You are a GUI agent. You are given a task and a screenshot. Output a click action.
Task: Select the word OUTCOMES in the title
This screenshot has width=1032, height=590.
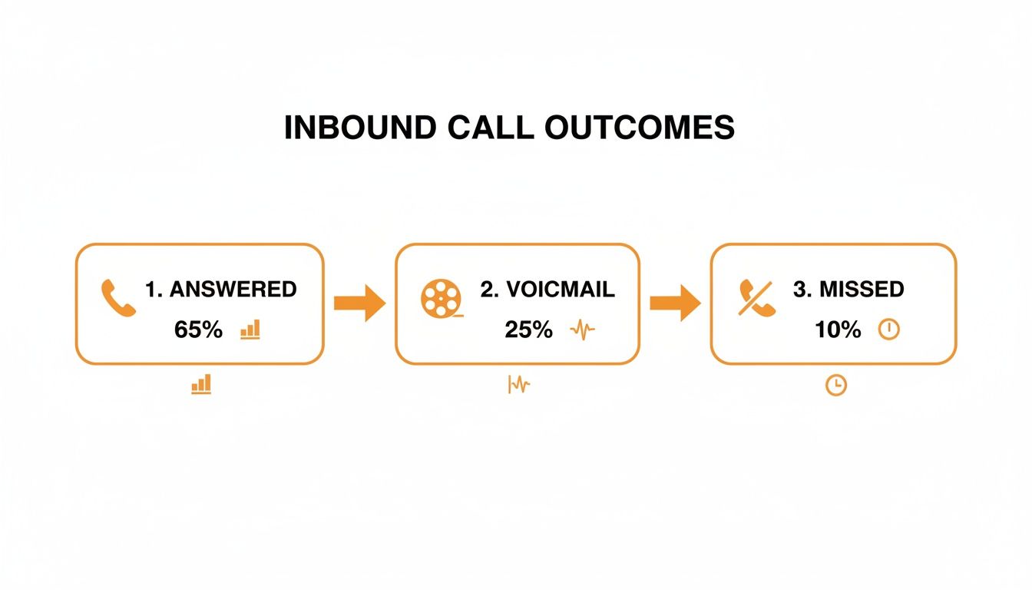[x=640, y=128]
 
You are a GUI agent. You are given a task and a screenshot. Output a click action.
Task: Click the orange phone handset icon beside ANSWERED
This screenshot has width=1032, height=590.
[x=118, y=298]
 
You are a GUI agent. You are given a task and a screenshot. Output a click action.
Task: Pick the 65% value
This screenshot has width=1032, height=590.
[x=198, y=330]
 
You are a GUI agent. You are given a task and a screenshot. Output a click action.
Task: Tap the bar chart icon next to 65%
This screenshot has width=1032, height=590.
[x=250, y=330]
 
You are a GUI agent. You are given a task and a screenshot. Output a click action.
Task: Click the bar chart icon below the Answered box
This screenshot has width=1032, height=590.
[x=201, y=384]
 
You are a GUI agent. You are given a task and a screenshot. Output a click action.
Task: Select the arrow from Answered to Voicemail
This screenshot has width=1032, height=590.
[x=359, y=303]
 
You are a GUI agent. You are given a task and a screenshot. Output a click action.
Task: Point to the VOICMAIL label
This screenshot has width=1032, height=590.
[x=547, y=290]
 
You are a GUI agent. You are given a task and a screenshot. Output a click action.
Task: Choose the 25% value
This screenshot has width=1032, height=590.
[x=528, y=330]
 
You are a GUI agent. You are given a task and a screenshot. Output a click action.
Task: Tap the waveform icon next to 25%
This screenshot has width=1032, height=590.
[x=582, y=330]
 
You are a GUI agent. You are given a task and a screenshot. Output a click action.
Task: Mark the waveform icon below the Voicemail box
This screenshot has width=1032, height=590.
[x=519, y=384]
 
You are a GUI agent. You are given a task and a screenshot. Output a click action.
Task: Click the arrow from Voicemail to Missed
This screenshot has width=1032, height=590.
[x=675, y=303]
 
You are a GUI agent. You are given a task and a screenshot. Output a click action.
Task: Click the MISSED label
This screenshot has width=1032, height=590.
[x=848, y=290]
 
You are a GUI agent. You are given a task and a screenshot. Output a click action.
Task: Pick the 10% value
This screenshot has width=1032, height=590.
[x=838, y=330]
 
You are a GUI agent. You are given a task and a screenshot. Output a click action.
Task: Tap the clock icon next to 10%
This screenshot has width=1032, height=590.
[x=888, y=330]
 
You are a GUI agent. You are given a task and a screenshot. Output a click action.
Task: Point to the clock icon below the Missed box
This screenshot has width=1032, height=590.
[x=835, y=385]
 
